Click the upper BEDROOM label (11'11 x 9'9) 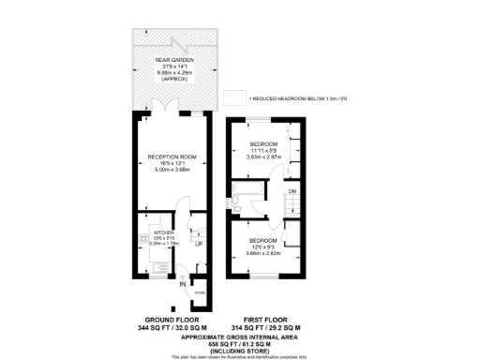click(x=263, y=142)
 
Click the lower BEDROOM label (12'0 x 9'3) click(x=263, y=239)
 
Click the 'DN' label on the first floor click(x=292, y=192)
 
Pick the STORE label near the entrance click(x=199, y=293)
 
